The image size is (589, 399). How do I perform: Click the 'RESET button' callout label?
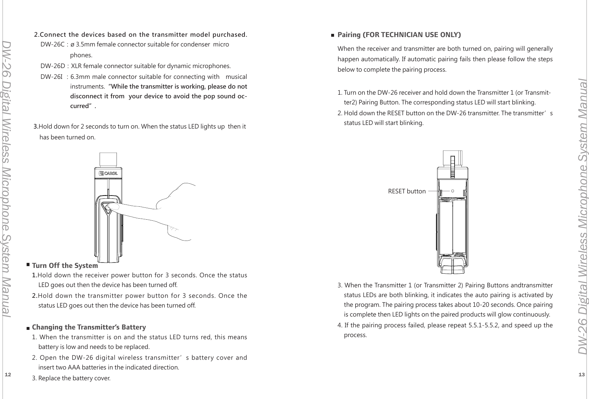pos(407,191)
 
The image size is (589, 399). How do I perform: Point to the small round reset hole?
pos(453,191)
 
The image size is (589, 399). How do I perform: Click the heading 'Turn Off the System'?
pos(65,266)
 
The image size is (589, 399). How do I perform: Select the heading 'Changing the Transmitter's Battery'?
pos(89,327)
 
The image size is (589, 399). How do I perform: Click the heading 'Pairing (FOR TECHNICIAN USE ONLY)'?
pos(399,35)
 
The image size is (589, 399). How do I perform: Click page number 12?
pos(8,375)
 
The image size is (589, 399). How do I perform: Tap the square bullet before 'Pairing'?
pos(333,35)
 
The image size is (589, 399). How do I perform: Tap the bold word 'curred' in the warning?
pos(79,106)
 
